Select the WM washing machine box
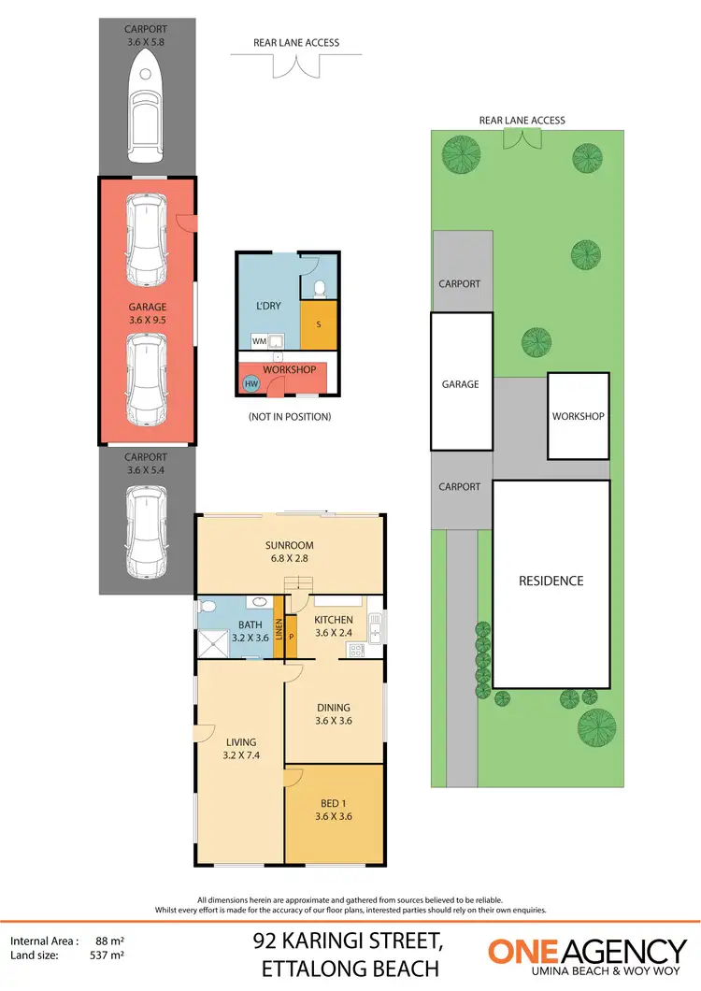click(259, 341)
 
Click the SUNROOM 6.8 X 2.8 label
click(289, 552)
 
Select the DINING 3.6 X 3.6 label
click(334, 714)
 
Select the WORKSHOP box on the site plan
click(578, 416)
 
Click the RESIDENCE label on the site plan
click(551, 581)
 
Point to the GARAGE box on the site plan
click(461, 382)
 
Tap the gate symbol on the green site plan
click(522, 138)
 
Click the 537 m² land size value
click(110, 955)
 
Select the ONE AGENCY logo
click(587, 955)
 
